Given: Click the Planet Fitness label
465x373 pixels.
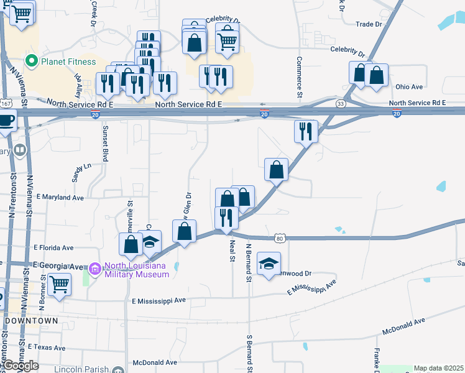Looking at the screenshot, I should (x=68, y=62).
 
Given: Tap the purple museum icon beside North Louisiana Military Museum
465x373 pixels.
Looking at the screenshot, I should (x=94, y=269).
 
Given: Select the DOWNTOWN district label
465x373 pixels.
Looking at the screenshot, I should (x=31, y=321).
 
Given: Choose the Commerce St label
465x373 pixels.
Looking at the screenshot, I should (x=299, y=78).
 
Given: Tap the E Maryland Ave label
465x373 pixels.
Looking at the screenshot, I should (x=60, y=197).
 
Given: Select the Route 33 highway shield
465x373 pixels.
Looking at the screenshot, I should (x=340, y=103).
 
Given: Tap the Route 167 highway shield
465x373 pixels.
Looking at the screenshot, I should (x=6, y=103).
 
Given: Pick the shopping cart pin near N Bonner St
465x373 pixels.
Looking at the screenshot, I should (x=59, y=285).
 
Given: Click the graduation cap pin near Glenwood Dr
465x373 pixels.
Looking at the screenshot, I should (x=269, y=264).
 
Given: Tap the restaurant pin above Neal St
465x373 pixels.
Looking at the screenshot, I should (x=226, y=218).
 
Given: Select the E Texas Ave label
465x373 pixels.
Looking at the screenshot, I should (x=47, y=348).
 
